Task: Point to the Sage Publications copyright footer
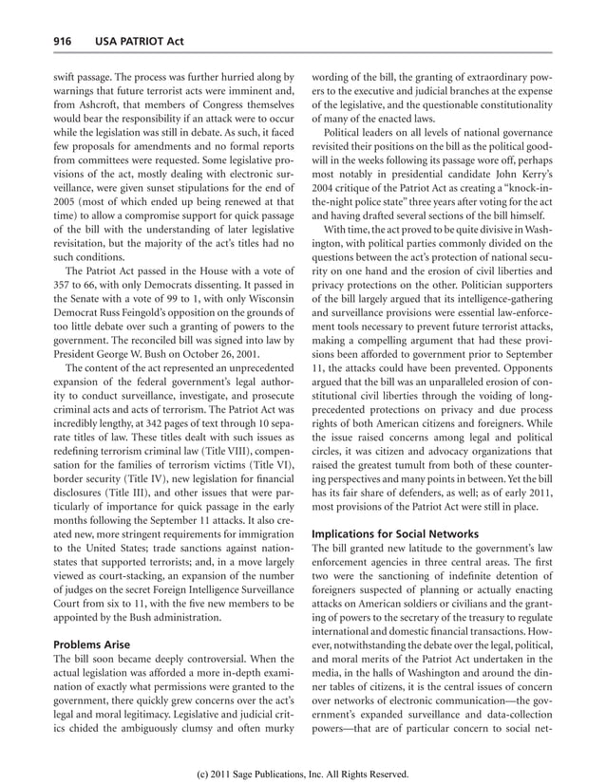(302, 774)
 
